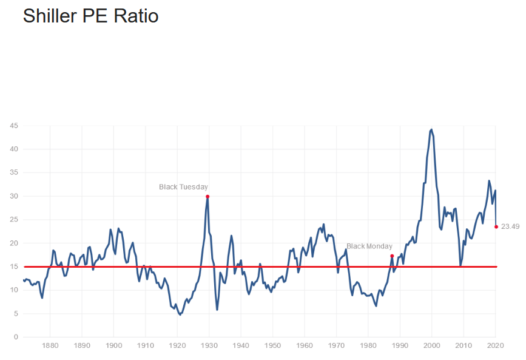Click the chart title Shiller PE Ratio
pyautogui.click(x=91, y=16)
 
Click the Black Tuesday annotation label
pyautogui.click(x=183, y=187)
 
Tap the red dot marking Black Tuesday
pyautogui.click(x=207, y=196)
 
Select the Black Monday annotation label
pyautogui.click(x=369, y=246)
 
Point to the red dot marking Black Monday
pyautogui.click(x=392, y=256)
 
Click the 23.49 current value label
pyautogui.click(x=511, y=226)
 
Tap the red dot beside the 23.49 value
pyautogui.click(x=496, y=226)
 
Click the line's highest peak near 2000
pyautogui.click(x=431, y=129)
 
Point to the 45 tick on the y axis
pyautogui.click(x=14, y=126)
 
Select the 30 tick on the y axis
pyautogui.click(x=14, y=196)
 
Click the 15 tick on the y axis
pyautogui.click(x=14, y=267)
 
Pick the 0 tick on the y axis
pyautogui.click(x=16, y=337)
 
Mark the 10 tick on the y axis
pyautogui.click(x=14, y=290)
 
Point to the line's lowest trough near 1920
pyautogui.click(x=180, y=314)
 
